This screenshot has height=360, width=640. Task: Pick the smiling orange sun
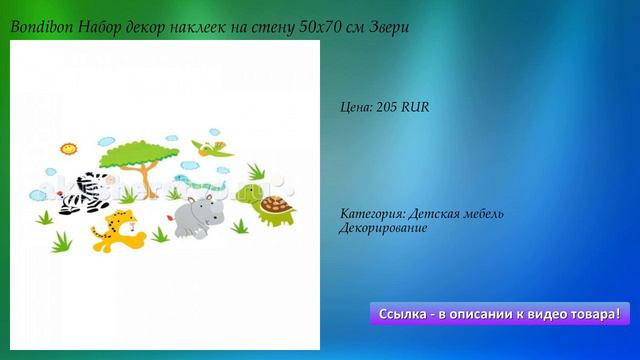[x=69, y=150]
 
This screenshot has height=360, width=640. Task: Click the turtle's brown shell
[x=274, y=205]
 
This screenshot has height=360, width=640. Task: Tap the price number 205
[x=388, y=106]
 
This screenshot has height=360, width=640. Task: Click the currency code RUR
[x=415, y=106]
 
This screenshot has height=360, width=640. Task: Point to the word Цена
[x=356, y=106]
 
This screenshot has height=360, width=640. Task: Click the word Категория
[x=372, y=214]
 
